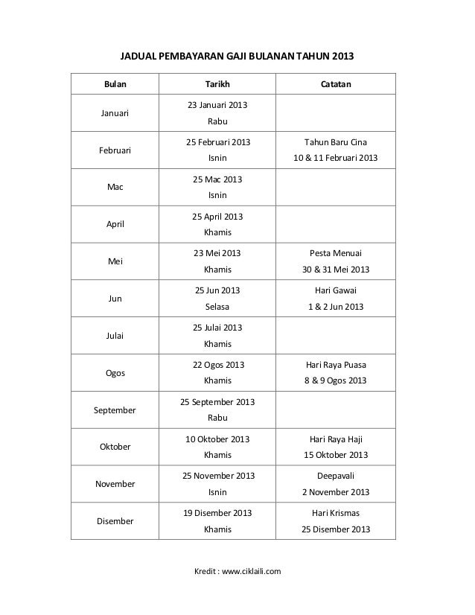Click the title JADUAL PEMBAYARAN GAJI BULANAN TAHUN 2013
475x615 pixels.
click(238, 56)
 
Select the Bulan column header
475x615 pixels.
click(115, 84)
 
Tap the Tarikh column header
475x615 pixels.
click(217, 84)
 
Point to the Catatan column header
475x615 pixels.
click(335, 84)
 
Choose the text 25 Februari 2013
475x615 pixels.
click(217, 141)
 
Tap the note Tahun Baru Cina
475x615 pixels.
click(335, 141)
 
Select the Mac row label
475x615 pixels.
click(115, 187)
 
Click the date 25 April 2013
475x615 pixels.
click(217, 217)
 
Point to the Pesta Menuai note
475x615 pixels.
click(335, 253)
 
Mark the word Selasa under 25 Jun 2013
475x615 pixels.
click(217, 307)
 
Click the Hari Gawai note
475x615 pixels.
click(335, 290)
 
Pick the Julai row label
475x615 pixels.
click(115, 336)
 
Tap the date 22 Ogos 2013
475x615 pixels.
click(217, 365)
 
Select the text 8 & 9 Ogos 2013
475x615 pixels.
click(335, 380)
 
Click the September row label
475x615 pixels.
click(115, 410)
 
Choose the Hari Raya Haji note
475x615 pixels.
click(335, 439)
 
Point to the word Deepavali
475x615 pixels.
click(335, 477)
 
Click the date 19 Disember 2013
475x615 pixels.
click(217, 514)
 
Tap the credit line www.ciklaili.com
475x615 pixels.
click(238, 571)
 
